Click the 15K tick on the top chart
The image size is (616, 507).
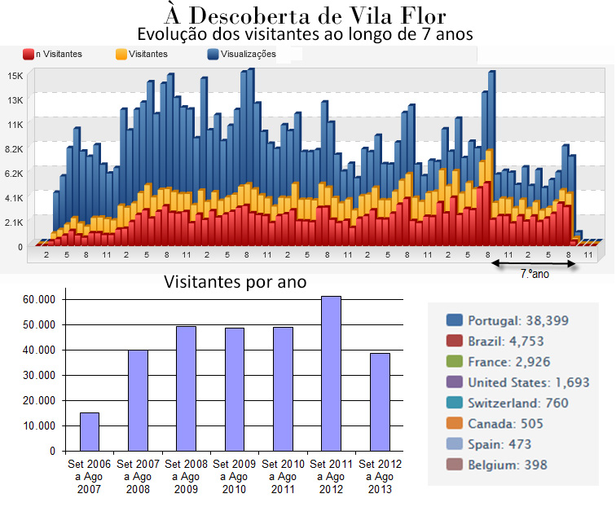(15, 75)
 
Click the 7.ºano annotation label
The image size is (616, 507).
(535, 275)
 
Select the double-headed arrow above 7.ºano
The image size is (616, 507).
(535, 264)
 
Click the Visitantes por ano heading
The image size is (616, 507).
(235, 282)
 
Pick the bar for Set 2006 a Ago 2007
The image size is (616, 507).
(90, 431)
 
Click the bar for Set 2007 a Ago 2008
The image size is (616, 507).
(138, 400)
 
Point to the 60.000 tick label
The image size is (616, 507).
(39, 299)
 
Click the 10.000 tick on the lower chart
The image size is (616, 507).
(39, 425)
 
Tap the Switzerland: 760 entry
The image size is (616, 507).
(517, 403)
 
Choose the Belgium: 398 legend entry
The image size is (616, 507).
(507, 465)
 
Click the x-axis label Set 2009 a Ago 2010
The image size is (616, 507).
(234, 476)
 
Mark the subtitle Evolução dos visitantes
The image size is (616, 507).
(305, 35)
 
